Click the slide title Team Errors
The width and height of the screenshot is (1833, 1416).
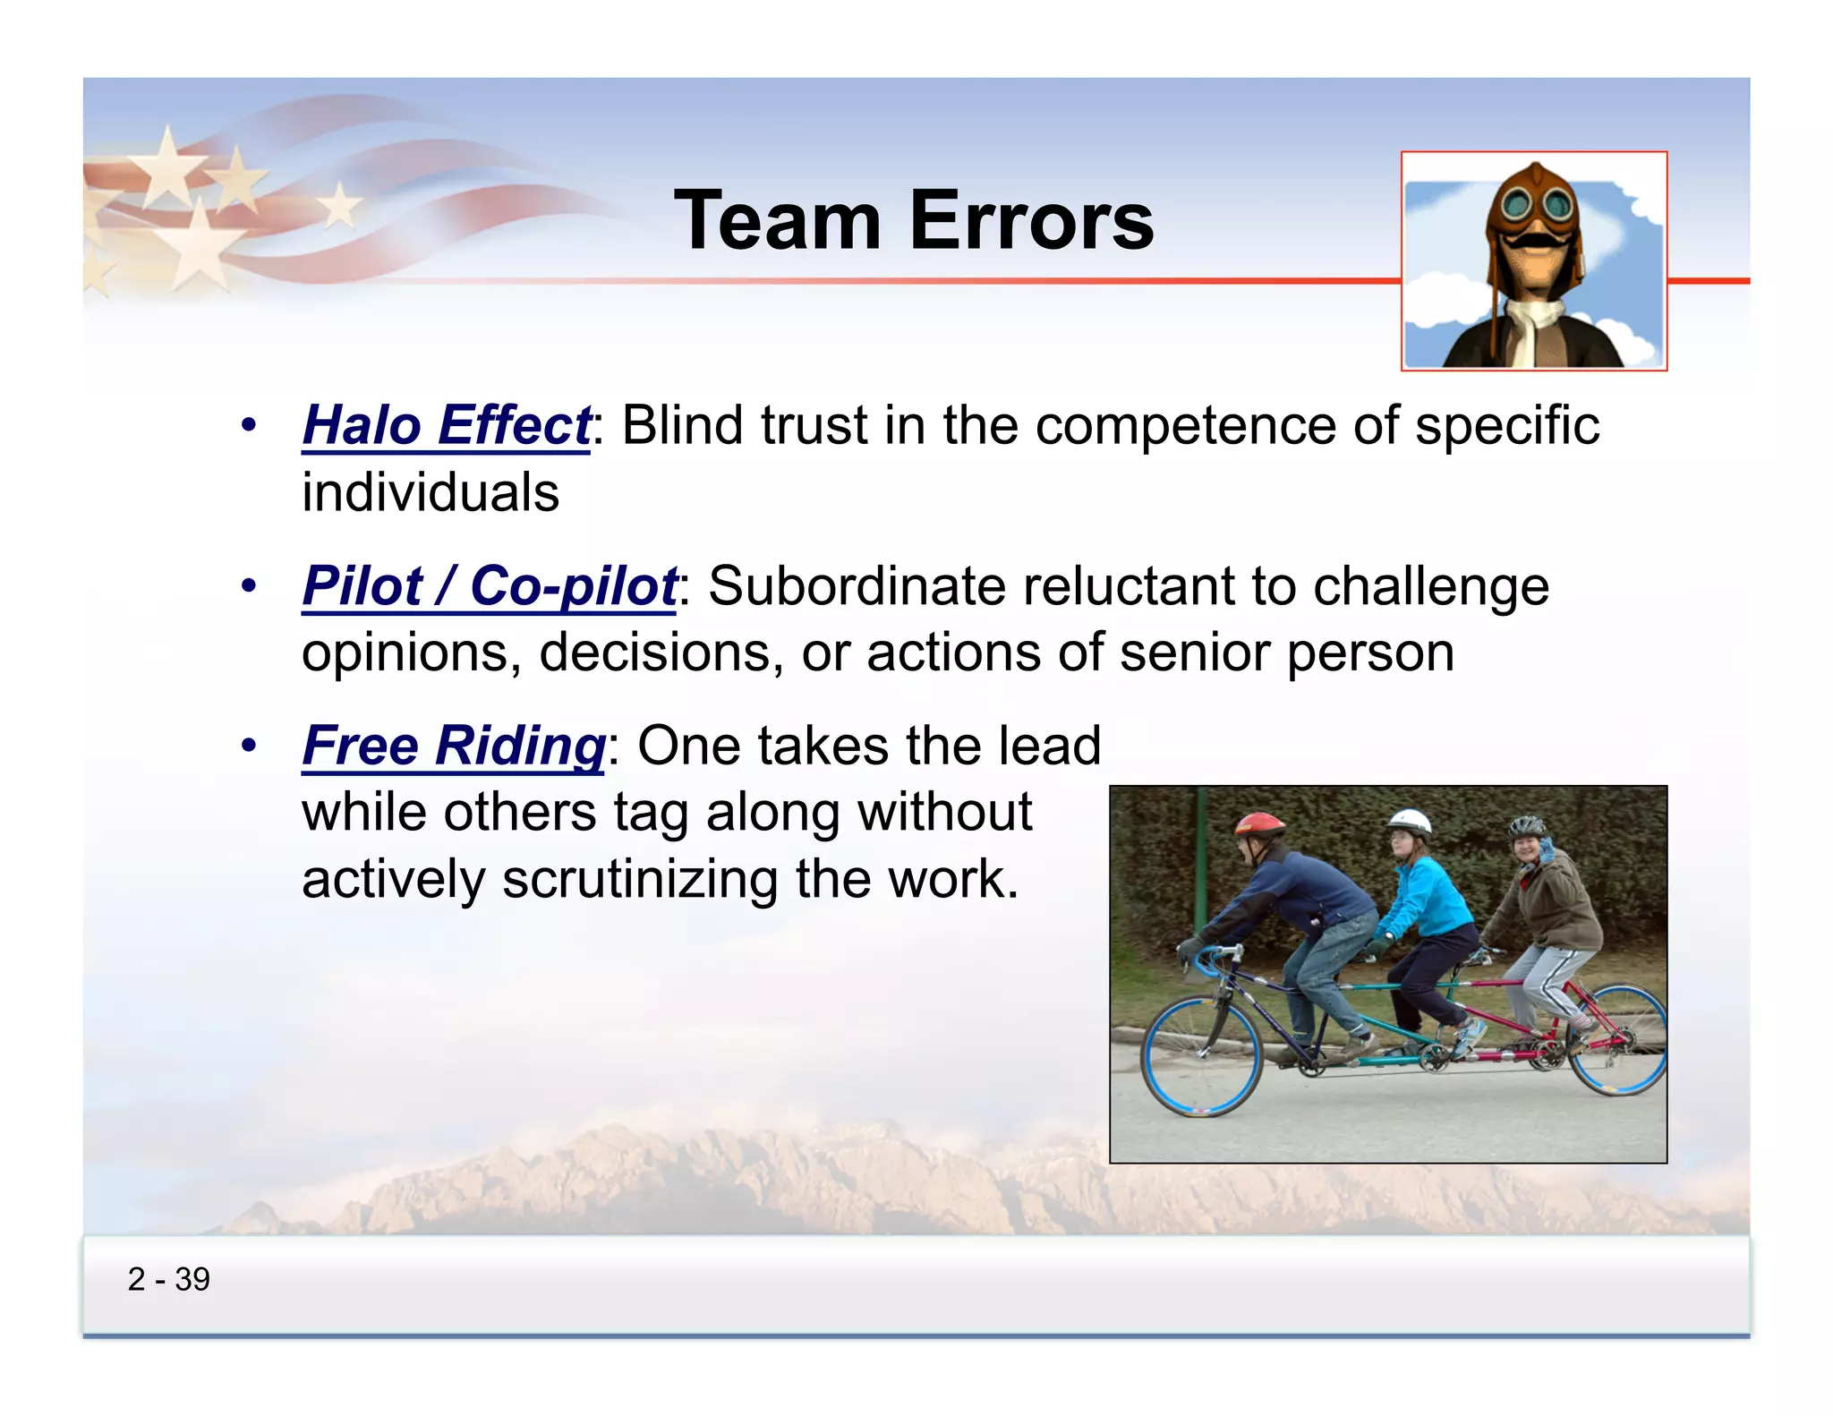point(914,221)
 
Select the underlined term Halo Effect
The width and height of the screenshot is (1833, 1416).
point(446,425)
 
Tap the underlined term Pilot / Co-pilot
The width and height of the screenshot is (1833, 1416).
point(489,586)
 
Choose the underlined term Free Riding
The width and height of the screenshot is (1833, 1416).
point(454,746)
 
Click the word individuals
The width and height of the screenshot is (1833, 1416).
point(431,493)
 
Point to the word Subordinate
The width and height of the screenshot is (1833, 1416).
point(857,586)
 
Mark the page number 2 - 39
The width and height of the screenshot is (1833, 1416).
point(168,1279)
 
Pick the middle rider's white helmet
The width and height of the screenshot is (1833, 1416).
point(1409,821)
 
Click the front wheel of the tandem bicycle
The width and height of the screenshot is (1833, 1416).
point(1201,1057)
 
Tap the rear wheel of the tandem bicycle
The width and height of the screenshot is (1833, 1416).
point(1618,1041)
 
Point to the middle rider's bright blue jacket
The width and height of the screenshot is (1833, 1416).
point(1430,898)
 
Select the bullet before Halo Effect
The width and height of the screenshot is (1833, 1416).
point(249,425)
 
